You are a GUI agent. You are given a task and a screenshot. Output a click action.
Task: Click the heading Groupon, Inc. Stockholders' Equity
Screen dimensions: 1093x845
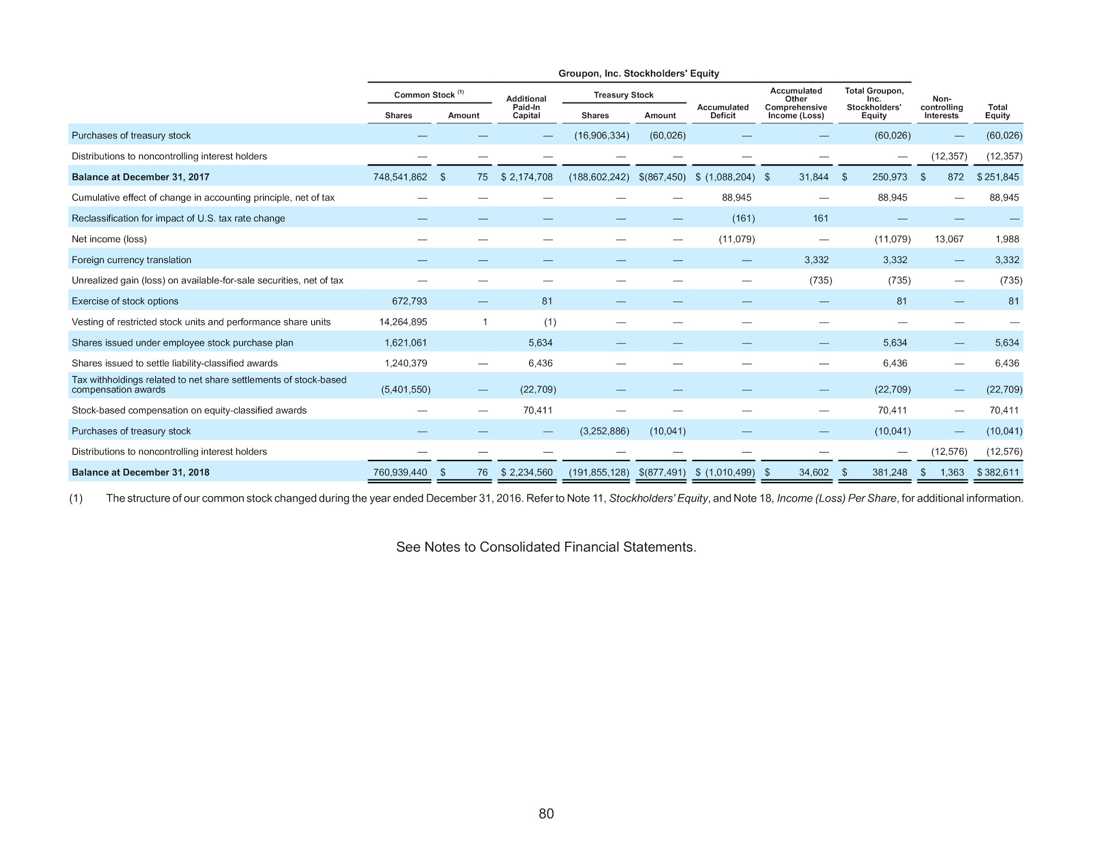click(x=638, y=73)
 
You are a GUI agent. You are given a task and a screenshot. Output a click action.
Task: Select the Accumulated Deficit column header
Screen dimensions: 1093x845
click(x=723, y=111)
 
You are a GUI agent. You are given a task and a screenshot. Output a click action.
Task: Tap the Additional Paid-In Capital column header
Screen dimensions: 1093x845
click(x=526, y=107)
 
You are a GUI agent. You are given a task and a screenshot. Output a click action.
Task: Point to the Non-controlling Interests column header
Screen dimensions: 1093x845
click(x=942, y=107)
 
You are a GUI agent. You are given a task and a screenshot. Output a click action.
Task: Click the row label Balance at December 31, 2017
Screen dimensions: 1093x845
click(x=140, y=177)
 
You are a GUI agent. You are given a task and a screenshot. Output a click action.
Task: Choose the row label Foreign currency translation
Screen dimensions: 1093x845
click(x=131, y=260)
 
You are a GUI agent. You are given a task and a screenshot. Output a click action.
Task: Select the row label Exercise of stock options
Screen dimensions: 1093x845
click(x=125, y=301)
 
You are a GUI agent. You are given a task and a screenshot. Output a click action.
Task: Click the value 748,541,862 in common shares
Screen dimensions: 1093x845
click(x=400, y=177)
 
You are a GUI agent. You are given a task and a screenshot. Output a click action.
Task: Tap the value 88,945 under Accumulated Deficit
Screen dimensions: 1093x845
click(x=736, y=197)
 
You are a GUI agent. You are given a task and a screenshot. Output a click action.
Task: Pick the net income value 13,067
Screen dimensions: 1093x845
click(x=949, y=239)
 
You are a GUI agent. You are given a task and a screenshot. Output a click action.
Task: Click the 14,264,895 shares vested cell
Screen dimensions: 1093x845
click(x=403, y=322)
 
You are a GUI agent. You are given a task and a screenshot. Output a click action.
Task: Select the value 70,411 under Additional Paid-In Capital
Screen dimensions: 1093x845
click(x=538, y=410)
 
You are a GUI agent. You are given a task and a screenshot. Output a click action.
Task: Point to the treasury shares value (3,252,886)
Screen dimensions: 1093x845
click(x=604, y=431)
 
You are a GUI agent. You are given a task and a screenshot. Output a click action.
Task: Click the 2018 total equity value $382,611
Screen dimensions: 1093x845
click(x=998, y=473)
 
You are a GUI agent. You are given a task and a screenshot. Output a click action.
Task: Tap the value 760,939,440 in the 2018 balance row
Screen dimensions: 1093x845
click(x=400, y=473)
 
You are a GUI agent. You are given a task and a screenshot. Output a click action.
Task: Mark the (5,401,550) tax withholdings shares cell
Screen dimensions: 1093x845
click(x=406, y=390)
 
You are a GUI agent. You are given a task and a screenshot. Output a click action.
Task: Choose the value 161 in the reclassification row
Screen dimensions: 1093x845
click(x=821, y=218)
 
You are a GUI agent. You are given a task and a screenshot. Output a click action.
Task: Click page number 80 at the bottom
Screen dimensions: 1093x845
click(x=546, y=814)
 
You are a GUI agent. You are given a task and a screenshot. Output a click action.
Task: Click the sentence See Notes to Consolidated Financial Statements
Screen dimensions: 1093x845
click(x=546, y=547)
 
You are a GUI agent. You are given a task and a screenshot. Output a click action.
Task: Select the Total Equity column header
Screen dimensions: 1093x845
click(x=998, y=111)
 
